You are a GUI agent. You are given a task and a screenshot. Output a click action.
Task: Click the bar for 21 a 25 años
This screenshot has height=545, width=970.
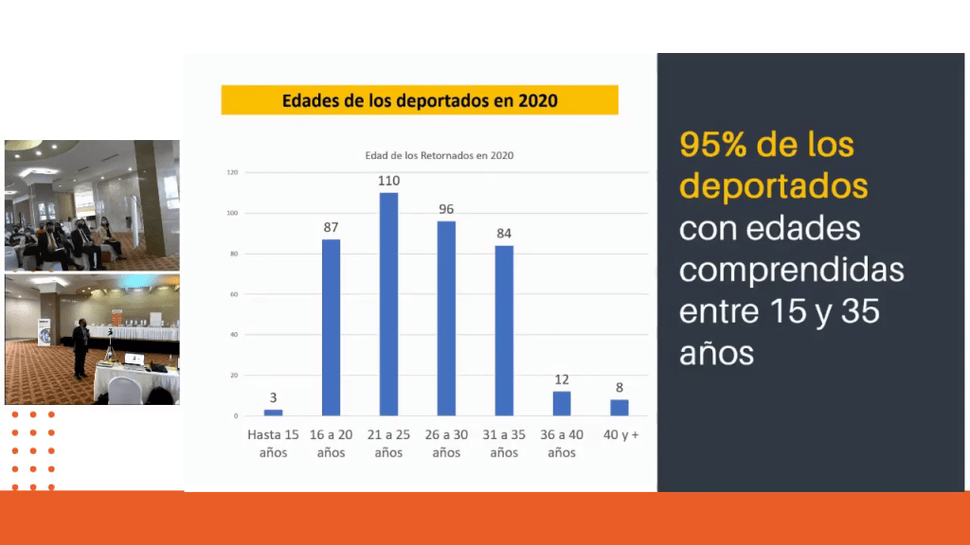tap(388, 304)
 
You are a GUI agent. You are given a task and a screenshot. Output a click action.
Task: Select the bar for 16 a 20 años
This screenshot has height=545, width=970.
tap(331, 327)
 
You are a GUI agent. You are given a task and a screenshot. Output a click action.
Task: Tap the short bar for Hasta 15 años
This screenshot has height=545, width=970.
tap(273, 413)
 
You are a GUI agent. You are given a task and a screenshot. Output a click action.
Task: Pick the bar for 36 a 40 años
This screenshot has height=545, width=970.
tap(562, 404)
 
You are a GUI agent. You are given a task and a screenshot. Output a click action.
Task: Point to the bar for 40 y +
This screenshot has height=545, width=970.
tap(620, 408)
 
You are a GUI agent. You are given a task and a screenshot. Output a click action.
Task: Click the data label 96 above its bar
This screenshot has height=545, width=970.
tap(446, 209)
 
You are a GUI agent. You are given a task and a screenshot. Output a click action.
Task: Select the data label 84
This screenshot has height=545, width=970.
tap(504, 234)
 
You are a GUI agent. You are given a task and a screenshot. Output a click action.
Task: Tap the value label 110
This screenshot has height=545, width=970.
tap(388, 181)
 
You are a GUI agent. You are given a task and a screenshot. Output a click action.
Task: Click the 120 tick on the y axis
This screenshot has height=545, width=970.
tap(232, 173)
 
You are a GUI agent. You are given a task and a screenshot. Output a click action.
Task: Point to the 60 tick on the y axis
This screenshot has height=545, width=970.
tap(234, 294)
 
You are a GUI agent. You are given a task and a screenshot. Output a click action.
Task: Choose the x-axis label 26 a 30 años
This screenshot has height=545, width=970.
tap(446, 443)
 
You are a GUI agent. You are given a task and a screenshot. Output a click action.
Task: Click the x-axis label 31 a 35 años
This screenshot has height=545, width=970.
tap(504, 443)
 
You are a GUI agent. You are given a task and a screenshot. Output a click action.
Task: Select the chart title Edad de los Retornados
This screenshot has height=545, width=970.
tap(440, 155)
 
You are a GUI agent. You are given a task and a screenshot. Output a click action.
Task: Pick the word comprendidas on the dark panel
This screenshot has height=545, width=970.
tap(791, 270)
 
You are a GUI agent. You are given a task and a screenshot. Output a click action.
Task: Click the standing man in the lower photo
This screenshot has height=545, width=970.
tap(81, 346)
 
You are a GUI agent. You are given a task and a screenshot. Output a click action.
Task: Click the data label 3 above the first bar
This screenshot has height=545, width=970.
tap(273, 398)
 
